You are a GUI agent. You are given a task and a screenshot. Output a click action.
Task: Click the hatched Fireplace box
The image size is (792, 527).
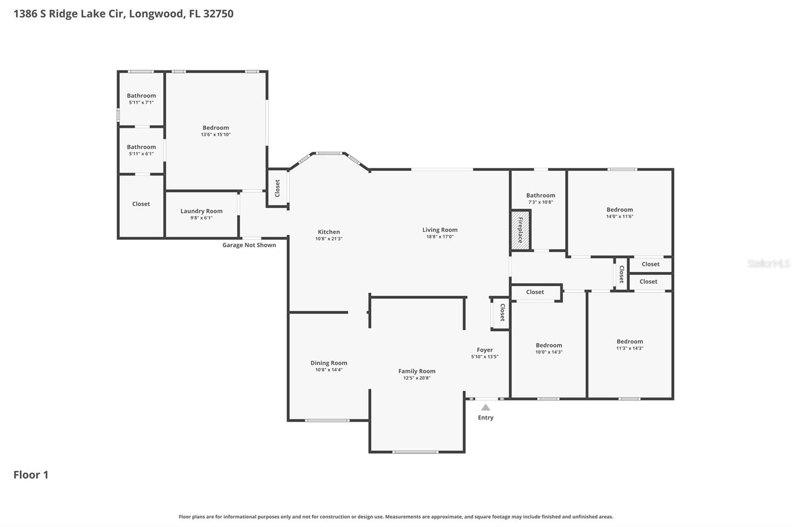point(520,230)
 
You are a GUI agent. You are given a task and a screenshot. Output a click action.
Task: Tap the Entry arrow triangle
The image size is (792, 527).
point(486,407)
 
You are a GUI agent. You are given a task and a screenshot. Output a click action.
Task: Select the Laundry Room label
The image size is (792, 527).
point(201,211)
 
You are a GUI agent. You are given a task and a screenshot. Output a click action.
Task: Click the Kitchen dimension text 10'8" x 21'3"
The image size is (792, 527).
point(329,239)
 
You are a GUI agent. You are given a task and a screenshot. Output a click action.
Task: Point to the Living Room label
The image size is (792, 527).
point(440,230)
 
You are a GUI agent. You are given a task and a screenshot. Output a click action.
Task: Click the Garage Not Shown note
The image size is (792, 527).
point(249,245)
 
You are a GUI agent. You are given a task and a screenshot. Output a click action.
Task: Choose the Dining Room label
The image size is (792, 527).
point(329,363)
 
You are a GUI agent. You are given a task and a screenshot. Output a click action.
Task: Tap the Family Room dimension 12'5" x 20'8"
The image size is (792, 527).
point(417,378)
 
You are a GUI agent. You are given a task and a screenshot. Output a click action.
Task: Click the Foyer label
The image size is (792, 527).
point(485,350)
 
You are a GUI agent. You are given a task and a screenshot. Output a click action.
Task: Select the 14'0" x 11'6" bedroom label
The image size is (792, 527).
point(620,210)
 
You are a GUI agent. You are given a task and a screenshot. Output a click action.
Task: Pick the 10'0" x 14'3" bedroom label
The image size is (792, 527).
point(549,346)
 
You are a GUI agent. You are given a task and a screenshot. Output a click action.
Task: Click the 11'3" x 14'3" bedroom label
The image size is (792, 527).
point(630,342)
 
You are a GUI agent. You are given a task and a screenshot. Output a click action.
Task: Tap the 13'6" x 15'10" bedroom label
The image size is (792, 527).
point(216,128)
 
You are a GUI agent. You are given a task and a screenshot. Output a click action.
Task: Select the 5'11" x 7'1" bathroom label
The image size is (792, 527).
point(142,96)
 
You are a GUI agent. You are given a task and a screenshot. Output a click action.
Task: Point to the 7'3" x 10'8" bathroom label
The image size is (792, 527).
point(541,195)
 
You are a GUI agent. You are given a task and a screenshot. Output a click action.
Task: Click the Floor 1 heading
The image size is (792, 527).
point(31,475)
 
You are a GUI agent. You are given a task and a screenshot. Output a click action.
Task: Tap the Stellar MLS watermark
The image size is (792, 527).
point(768,263)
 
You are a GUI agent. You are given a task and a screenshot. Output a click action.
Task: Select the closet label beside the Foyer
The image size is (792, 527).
point(502,312)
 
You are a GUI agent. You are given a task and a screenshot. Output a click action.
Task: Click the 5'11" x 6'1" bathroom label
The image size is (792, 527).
point(142,147)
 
